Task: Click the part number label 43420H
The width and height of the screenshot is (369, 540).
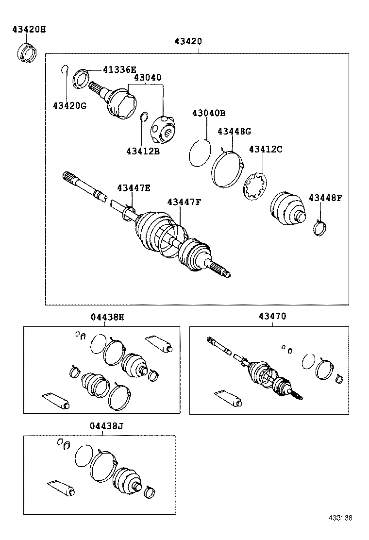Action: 29,30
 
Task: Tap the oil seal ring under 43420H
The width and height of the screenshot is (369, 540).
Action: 27,53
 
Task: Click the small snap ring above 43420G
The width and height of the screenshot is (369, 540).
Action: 65,69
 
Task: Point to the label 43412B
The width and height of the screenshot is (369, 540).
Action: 143,151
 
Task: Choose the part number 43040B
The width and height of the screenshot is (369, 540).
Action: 208,113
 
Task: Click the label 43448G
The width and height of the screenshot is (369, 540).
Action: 234,131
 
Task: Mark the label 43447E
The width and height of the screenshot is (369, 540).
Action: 133,188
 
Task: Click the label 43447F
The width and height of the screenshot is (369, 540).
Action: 184,202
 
